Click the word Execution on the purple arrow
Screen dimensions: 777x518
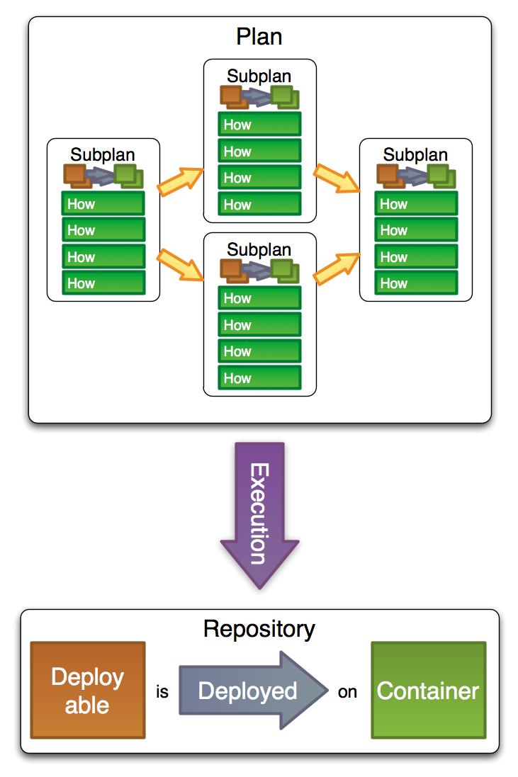coord(259,514)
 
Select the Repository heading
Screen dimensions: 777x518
coord(259,629)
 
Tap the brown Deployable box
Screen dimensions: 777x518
coord(88,690)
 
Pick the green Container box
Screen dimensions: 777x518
coord(429,690)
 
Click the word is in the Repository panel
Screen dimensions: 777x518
coord(162,692)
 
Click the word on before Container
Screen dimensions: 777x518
coord(347,692)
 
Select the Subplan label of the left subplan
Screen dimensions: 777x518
coord(103,154)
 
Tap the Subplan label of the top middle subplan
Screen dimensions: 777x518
coord(259,76)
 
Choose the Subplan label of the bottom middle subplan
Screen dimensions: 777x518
coord(259,250)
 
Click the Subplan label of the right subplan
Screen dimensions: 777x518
coord(415,154)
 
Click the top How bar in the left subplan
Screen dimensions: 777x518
coord(103,204)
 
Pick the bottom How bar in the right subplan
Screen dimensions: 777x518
coord(415,283)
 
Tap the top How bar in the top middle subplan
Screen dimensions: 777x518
coord(259,125)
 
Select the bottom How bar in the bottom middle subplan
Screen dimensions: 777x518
coord(259,378)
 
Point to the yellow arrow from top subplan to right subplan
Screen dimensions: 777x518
coord(337,178)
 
